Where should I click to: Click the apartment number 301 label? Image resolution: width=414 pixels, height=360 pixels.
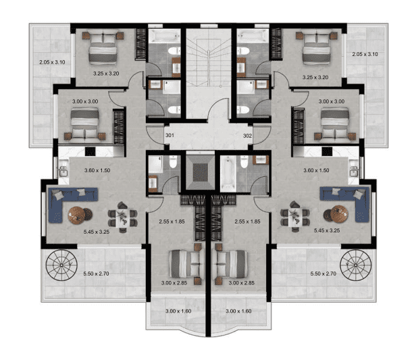coord(170,135)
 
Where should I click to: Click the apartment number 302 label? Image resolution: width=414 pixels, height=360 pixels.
coord(247,136)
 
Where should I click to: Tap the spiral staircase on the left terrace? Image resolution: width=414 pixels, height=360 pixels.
coord(61,265)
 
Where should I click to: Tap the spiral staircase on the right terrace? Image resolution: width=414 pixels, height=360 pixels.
coord(356,265)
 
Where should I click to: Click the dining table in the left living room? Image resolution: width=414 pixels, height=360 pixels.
coord(122,217)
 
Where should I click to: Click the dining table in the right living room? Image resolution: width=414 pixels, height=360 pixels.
coord(295,217)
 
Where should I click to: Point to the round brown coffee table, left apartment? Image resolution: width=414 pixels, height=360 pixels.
coord(77,215)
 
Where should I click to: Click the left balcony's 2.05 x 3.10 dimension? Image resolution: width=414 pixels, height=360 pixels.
coord(52,62)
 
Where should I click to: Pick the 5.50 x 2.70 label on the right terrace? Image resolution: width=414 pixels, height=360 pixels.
coord(324,274)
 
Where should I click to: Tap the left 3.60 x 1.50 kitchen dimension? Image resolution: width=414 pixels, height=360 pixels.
coord(97,170)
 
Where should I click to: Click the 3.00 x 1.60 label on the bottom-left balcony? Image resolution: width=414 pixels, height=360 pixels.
coord(178,311)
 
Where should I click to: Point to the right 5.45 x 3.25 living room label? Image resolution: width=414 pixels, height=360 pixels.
coord(327,230)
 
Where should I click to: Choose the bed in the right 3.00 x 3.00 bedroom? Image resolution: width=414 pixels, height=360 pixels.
coord(335,124)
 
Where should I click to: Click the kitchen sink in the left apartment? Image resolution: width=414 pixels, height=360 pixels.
coord(63,172)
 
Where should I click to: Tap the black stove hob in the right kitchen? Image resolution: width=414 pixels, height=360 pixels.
coord(327,151)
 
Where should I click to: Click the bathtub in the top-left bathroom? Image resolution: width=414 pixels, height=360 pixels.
coord(164,36)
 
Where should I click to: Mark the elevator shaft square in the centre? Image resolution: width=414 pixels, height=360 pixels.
coord(200,172)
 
